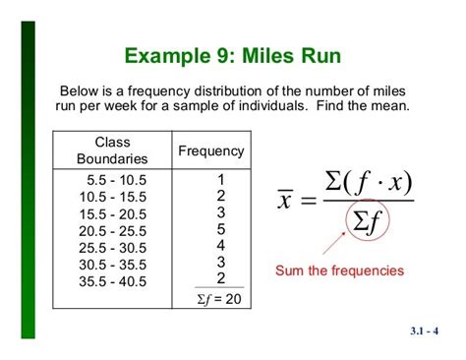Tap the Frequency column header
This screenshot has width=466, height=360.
[210, 150]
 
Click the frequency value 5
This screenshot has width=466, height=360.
[221, 228]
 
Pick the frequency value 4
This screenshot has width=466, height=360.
[221, 245]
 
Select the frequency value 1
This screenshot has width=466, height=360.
[221, 179]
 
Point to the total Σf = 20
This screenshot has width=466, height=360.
[219, 299]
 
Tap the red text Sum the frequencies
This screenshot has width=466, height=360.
[339, 270]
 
